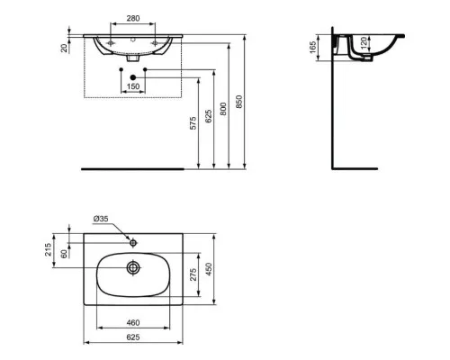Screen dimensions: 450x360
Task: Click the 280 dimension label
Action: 133,19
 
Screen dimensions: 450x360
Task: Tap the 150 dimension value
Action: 133,86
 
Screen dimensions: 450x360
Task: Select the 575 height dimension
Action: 193,123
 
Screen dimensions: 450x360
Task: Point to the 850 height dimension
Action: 238,102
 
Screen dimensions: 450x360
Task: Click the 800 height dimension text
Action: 223,109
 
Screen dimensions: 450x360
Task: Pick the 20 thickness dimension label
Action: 64,48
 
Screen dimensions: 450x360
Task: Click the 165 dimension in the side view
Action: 313,48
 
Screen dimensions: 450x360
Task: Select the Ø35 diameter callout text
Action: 101,219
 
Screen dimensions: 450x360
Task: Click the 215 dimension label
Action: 48,249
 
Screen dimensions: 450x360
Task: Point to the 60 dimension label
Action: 64,254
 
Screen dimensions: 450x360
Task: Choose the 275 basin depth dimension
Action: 193,274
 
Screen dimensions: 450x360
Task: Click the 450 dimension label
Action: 209,269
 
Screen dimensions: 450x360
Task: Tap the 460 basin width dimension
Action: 133,323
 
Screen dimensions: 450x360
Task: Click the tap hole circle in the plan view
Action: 133,242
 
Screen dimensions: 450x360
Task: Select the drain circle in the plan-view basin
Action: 133,267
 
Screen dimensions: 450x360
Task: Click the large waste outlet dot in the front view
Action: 133,77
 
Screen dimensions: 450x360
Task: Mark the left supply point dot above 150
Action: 121,69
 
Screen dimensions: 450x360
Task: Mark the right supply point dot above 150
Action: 145,69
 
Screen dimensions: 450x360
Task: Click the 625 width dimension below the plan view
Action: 133,337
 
